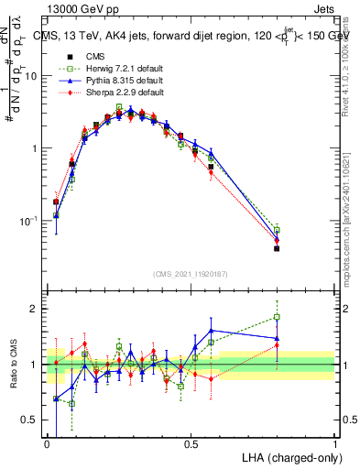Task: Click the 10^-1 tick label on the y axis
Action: click(x=29, y=221)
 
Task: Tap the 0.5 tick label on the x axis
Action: click(x=191, y=443)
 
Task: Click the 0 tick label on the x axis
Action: click(x=48, y=443)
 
